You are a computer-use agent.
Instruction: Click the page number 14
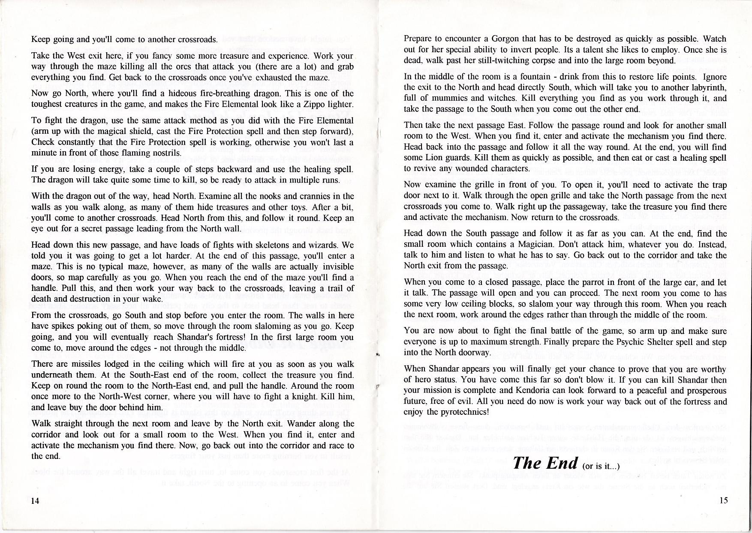(35, 502)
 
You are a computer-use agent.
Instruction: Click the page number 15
(723, 500)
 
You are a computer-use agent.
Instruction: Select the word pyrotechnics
(466, 413)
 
